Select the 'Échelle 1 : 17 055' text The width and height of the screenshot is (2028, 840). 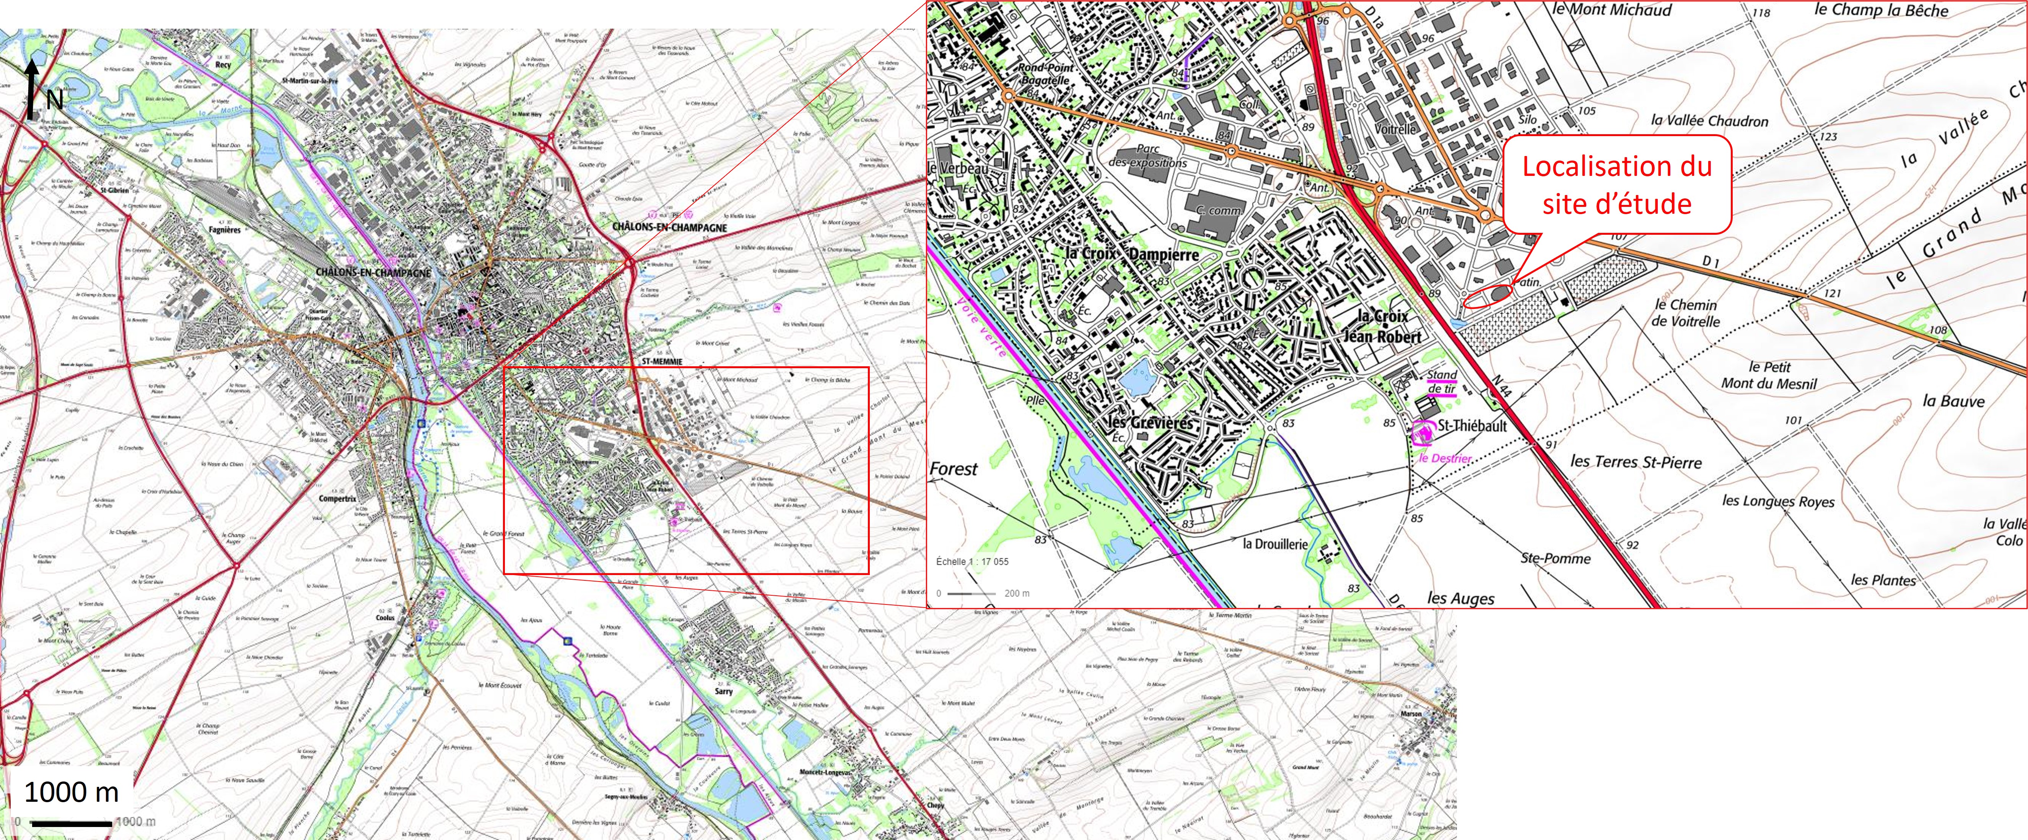pyautogui.click(x=972, y=561)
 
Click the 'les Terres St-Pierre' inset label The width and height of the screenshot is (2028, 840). pyautogui.click(x=1636, y=461)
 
